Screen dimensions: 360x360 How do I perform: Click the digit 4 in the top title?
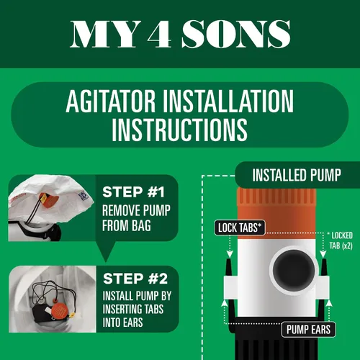click(x=159, y=34)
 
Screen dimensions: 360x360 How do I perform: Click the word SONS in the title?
click(x=236, y=34)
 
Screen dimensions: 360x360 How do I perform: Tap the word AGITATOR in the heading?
click(x=111, y=101)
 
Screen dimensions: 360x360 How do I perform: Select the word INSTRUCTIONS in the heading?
click(x=179, y=130)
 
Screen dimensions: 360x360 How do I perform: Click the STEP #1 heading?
click(x=133, y=192)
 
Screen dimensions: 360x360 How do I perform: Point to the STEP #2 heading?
click(x=135, y=279)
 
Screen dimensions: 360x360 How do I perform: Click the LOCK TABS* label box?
click(x=240, y=228)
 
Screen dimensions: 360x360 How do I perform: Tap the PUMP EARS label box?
click(x=308, y=329)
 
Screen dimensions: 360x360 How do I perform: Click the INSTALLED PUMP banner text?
click(x=297, y=175)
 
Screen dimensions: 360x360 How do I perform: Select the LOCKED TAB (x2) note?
click(x=341, y=240)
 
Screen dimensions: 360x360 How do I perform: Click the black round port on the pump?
click(x=294, y=269)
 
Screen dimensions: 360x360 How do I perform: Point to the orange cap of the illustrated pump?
click(x=276, y=214)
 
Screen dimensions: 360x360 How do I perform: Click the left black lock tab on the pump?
click(x=229, y=267)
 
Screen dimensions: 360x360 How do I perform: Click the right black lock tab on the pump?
click(x=324, y=267)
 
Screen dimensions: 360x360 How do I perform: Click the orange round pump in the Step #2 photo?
click(x=59, y=310)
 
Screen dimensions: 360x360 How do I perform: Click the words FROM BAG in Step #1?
click(x=127, y=226)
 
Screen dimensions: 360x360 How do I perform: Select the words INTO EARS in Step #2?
click(x=122, y=323)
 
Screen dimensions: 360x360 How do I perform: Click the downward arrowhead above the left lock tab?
click(x=230, y=254)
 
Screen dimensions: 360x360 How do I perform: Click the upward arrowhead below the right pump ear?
click(x=329, y=303)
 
